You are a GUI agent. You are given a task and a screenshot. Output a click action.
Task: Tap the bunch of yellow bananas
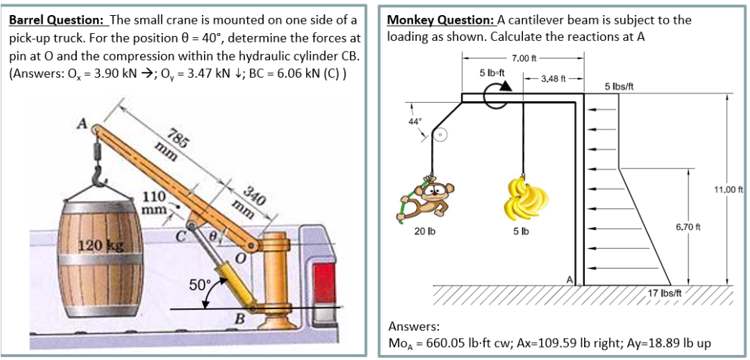pyautogui.click(x=524, y=198)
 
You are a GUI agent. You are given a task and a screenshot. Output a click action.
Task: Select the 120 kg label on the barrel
pyautogui.click(x=101, y=246)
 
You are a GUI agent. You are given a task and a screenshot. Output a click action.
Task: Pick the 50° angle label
pyautogui.click(x=200, y=285)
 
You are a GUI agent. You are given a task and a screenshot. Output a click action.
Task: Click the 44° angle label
pyautogui.click(x=414, y=121)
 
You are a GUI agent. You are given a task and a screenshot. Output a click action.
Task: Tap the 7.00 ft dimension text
pyautogui.click(x=524, y=59)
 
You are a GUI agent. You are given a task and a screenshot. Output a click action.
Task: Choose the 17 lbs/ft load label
pyautogui.click(x=665, y=293)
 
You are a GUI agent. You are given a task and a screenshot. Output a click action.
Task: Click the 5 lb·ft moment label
pyautogui.click(x=493, y=73)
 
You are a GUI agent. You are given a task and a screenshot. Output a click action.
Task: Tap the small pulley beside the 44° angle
pyautogui.click(x=441, y=136)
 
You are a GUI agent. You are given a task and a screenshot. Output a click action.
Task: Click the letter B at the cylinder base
pyautogui.click(x=239, y=319)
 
